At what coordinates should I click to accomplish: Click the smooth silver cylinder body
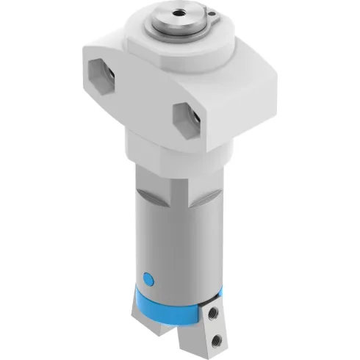pos(176,242)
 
